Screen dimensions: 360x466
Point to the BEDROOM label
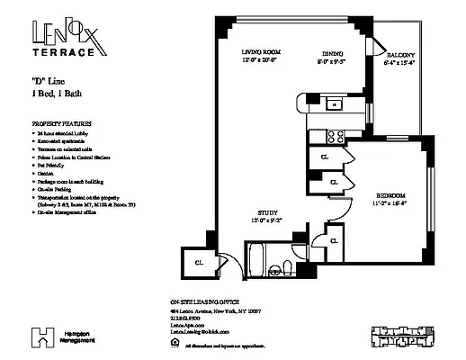(390, 195)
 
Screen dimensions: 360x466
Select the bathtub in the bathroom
(256, 265)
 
